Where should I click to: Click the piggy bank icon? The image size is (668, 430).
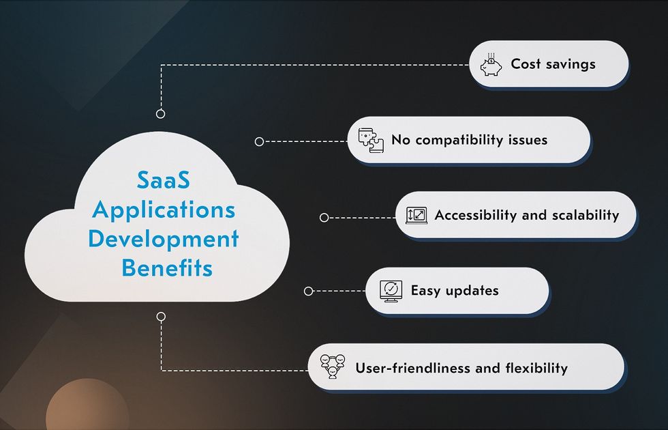point(491,65)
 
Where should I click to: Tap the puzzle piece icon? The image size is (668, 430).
point(371,141)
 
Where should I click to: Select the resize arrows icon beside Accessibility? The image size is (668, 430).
point(416,216)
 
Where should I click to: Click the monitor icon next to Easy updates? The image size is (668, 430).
point(391,291)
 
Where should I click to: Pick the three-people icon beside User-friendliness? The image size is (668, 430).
point(333,367)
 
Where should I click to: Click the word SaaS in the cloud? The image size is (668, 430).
point(164,180)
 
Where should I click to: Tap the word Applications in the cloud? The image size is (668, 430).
point(164,211)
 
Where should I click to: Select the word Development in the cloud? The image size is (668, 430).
point(164,239)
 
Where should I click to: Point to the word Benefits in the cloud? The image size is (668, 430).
point(167,268)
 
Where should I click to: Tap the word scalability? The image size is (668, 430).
point(586,216)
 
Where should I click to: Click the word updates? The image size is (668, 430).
point(472,291)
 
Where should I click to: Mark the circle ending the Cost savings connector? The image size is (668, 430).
point(161,114)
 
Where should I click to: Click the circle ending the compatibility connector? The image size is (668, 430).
point(259,142)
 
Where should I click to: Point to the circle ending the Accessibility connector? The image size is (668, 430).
point(324,218)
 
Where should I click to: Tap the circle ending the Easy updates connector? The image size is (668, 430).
point(308,291)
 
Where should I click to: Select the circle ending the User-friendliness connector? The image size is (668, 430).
point(161,317)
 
